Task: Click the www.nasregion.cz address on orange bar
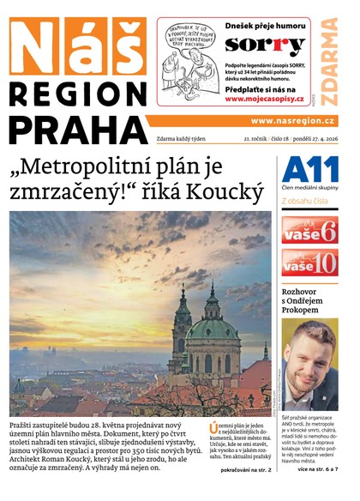click(293, 121)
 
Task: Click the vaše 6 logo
click(309, 230)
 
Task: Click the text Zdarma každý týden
click(187, 137)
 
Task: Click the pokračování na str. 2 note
click(245, 495)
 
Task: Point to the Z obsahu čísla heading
click(306, 202)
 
